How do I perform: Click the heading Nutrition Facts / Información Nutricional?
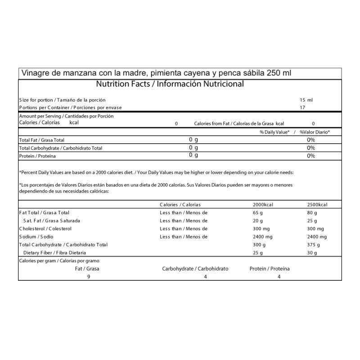170,84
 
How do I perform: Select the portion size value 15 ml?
306,100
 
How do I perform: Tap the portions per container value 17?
302,108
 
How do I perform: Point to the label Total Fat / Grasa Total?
42,140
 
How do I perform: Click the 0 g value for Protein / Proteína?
193,155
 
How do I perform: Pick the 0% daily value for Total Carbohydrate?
310,148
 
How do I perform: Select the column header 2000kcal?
263,204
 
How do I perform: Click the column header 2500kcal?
317,204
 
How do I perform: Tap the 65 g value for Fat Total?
258,212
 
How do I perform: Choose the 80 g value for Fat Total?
312,212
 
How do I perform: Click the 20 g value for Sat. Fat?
258,220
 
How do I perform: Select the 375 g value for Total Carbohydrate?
313,245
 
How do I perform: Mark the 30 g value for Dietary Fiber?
312,253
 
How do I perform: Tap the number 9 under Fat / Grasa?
89,277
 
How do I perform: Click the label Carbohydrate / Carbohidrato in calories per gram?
195,269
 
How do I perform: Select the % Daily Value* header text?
274,132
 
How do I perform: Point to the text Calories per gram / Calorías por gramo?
59,261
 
